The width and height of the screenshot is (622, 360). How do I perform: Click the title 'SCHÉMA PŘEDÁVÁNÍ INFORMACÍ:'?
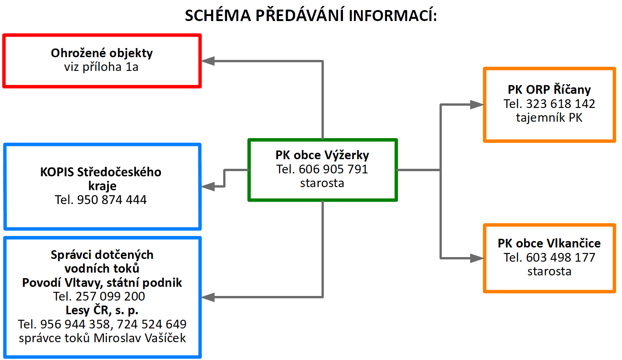click(x=311, y=15)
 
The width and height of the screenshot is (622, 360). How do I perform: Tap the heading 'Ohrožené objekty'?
click(x=102, y=53)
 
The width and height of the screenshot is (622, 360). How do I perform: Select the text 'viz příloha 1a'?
click(x=101, y=67)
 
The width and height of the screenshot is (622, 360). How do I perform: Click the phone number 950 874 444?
click(x=112, y=200)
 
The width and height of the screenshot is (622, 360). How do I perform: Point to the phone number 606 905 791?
click(x=333, y=169)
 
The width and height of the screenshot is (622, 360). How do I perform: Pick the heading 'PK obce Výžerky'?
click(x=322, y=155)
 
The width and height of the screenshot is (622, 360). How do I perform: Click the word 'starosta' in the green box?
click(x=322, y=183)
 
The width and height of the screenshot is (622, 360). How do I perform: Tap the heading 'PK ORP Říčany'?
click(x=549, y=90)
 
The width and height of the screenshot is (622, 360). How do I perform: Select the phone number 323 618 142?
click(x=561, y=104)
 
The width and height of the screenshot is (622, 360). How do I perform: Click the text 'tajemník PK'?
click(x=549, y=118)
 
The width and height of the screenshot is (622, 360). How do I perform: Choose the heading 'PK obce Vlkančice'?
click(x=549, y=243)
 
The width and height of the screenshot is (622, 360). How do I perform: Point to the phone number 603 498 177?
click(x=561, y=258)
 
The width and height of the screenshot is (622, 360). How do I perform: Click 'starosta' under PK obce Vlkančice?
click(x=549, y=271)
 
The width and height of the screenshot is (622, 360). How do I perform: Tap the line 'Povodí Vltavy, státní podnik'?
click(x=102, y=283)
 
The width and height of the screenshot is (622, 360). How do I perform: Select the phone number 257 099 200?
click(x=110, y=296)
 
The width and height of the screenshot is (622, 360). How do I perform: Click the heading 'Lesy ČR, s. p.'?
click(x=102, y=310)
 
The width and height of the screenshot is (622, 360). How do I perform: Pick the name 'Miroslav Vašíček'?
click(x=139, y=338)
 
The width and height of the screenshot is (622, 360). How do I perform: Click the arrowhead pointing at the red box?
click(x=208, y=61)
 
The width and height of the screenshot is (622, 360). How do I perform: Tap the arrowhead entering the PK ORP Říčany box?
click(x=477, y=105)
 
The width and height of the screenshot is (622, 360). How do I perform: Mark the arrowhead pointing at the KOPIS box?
click(x=208, y=186)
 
